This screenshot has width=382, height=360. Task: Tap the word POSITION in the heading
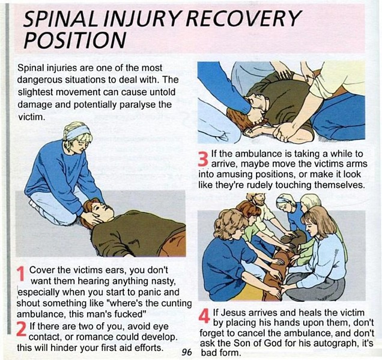[x=75, y=40]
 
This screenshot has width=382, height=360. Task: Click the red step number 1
[x=22, y=274]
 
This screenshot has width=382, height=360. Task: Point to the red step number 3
[x=203, y=158]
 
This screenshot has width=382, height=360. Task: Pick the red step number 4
[x=204, y=316]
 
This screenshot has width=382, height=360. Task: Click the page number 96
[x=187, y=352]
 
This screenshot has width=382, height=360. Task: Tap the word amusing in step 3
[x=232, y=175]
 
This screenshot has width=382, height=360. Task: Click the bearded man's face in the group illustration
[x=259, y=200]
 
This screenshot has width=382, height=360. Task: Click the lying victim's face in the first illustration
[x=102, y=210]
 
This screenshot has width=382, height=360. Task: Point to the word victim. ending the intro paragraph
[x=32, y=117]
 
